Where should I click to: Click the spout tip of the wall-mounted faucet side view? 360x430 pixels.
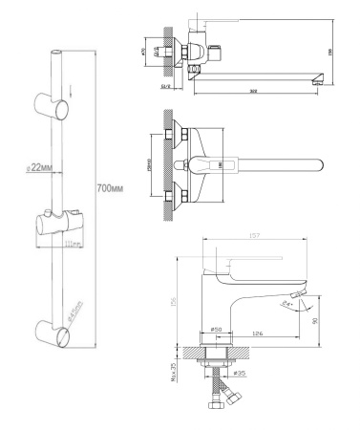[314, 81]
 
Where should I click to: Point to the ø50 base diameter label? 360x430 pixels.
[216, 331]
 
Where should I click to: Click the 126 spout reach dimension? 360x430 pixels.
[258, 334]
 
